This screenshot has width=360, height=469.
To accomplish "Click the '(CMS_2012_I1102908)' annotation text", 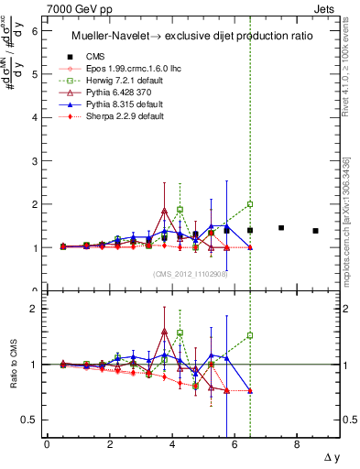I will (191, 273).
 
